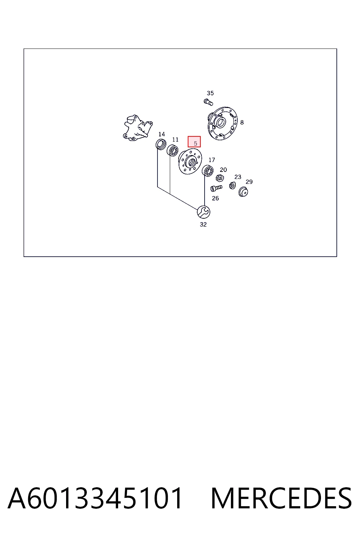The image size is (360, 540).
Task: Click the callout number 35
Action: point(210,93)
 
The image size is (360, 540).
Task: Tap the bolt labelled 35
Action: point(208,102)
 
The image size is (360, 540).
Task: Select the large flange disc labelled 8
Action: point(223,123)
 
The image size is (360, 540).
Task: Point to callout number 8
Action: point(242,122)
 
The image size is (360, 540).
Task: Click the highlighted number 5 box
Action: point(194,142)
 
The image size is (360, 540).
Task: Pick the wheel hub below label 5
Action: point(190,161)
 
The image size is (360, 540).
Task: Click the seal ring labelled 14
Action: point(161,144)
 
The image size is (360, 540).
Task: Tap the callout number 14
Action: point(162,134)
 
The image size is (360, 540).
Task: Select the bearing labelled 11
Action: point(172,150)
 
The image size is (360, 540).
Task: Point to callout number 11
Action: point(175,140)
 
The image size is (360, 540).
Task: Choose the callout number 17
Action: point(212,160)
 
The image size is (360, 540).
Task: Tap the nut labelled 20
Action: point(220,178)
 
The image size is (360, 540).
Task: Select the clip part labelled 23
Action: point(232,185)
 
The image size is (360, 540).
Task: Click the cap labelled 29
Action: point(243,192)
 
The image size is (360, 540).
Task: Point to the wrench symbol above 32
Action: point(204,212)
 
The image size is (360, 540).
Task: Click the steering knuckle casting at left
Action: point(137,128)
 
